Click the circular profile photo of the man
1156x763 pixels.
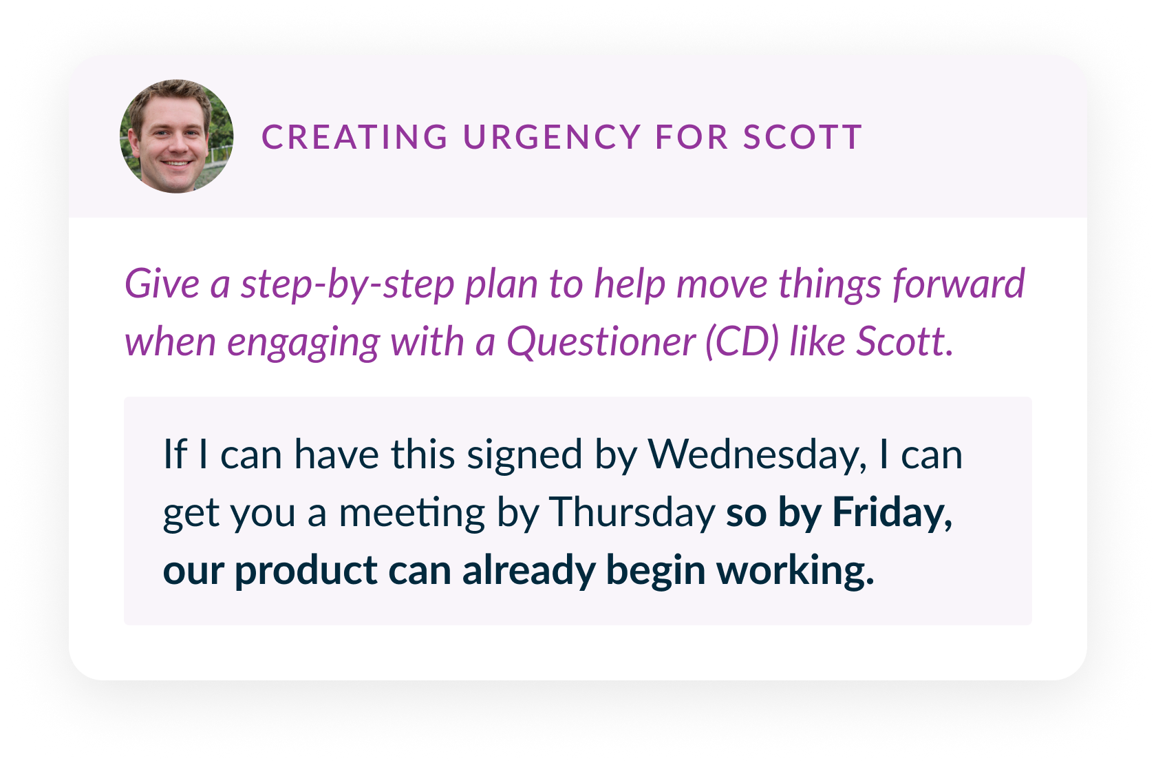point(176,136)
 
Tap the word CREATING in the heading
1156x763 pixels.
point(355,138)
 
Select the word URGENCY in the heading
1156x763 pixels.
point(552,138)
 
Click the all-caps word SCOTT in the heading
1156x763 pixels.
point(802,138)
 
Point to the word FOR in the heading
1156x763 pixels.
point(692,138)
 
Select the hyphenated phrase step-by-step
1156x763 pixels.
point(347,286)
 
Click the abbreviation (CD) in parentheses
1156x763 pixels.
point(742,342)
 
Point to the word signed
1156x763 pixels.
point(525,456)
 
